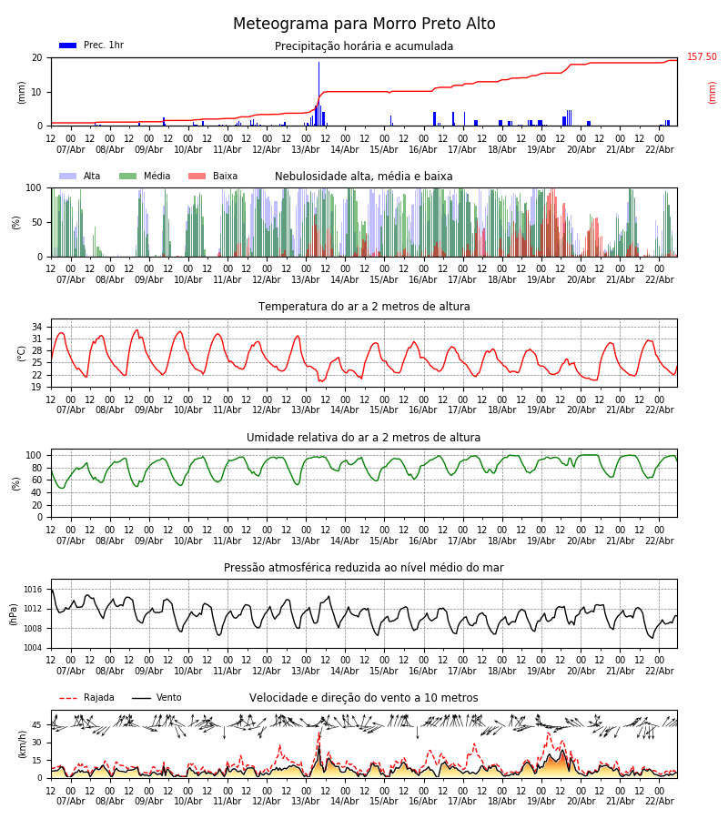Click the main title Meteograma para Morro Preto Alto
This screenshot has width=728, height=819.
point(364,25)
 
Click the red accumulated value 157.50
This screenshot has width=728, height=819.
point(702,57)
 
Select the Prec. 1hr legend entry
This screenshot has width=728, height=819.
point(91,45)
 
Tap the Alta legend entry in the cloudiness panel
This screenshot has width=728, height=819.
point(80,177)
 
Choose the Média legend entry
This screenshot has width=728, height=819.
point(145,177)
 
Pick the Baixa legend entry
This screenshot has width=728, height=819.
point(213,177)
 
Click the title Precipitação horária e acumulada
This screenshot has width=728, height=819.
point(364,46)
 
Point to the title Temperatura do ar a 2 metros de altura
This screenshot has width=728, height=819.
point(364,307)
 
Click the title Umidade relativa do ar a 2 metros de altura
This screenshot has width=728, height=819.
point(364,438)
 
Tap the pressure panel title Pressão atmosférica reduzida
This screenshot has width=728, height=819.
point(364,568)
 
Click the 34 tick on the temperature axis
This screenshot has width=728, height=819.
point(37,327)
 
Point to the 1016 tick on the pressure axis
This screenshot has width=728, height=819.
point(33,590)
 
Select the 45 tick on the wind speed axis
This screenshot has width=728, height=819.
point(37,725)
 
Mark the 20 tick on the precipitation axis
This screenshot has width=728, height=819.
point(37,57)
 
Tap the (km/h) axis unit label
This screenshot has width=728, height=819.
point(22,743)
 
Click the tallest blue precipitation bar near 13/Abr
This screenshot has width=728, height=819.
point(318,91)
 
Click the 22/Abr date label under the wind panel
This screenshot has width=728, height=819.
point(660,801)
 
